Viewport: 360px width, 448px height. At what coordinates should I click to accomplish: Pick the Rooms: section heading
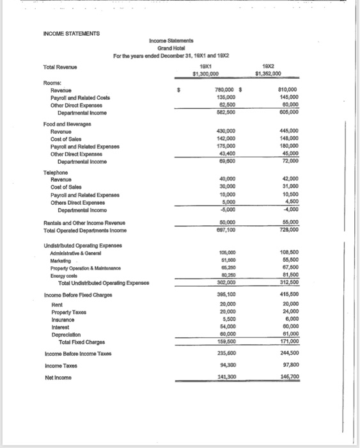coord(52,83)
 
